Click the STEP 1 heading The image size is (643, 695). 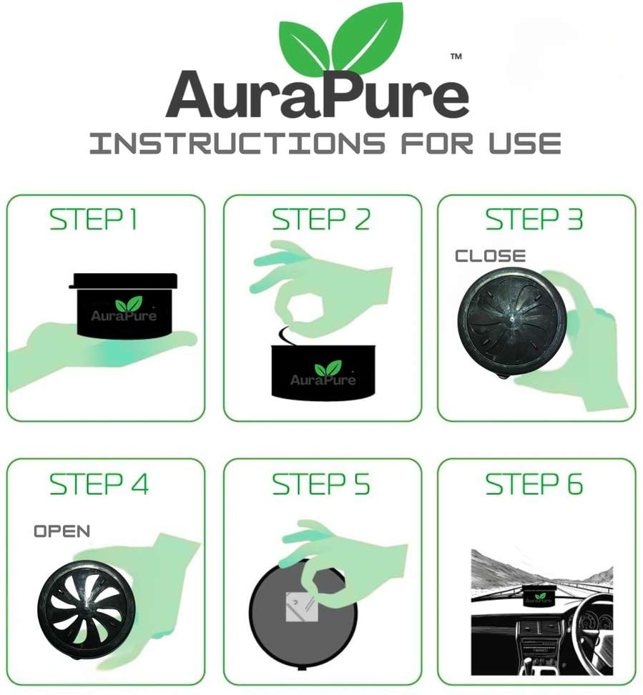[93, 219]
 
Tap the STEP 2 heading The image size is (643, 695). [321, 219]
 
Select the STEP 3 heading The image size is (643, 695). [534, 219]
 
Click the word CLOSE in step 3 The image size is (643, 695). [491, 256]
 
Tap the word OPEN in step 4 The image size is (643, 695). [62, 531]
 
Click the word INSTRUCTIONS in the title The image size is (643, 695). [237, 144]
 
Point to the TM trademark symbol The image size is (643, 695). [456, 56]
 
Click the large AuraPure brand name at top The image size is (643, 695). [318, 95]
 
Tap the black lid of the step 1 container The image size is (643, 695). [123, 280]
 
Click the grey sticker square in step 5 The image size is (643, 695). [300, 607]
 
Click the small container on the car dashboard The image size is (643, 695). [538, 596]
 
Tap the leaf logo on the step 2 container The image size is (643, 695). [328, 369]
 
